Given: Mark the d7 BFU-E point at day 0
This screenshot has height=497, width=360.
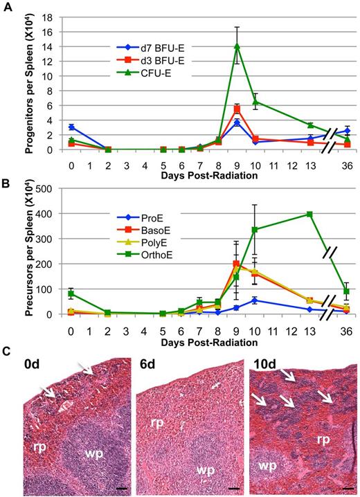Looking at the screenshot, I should [72, 127].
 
